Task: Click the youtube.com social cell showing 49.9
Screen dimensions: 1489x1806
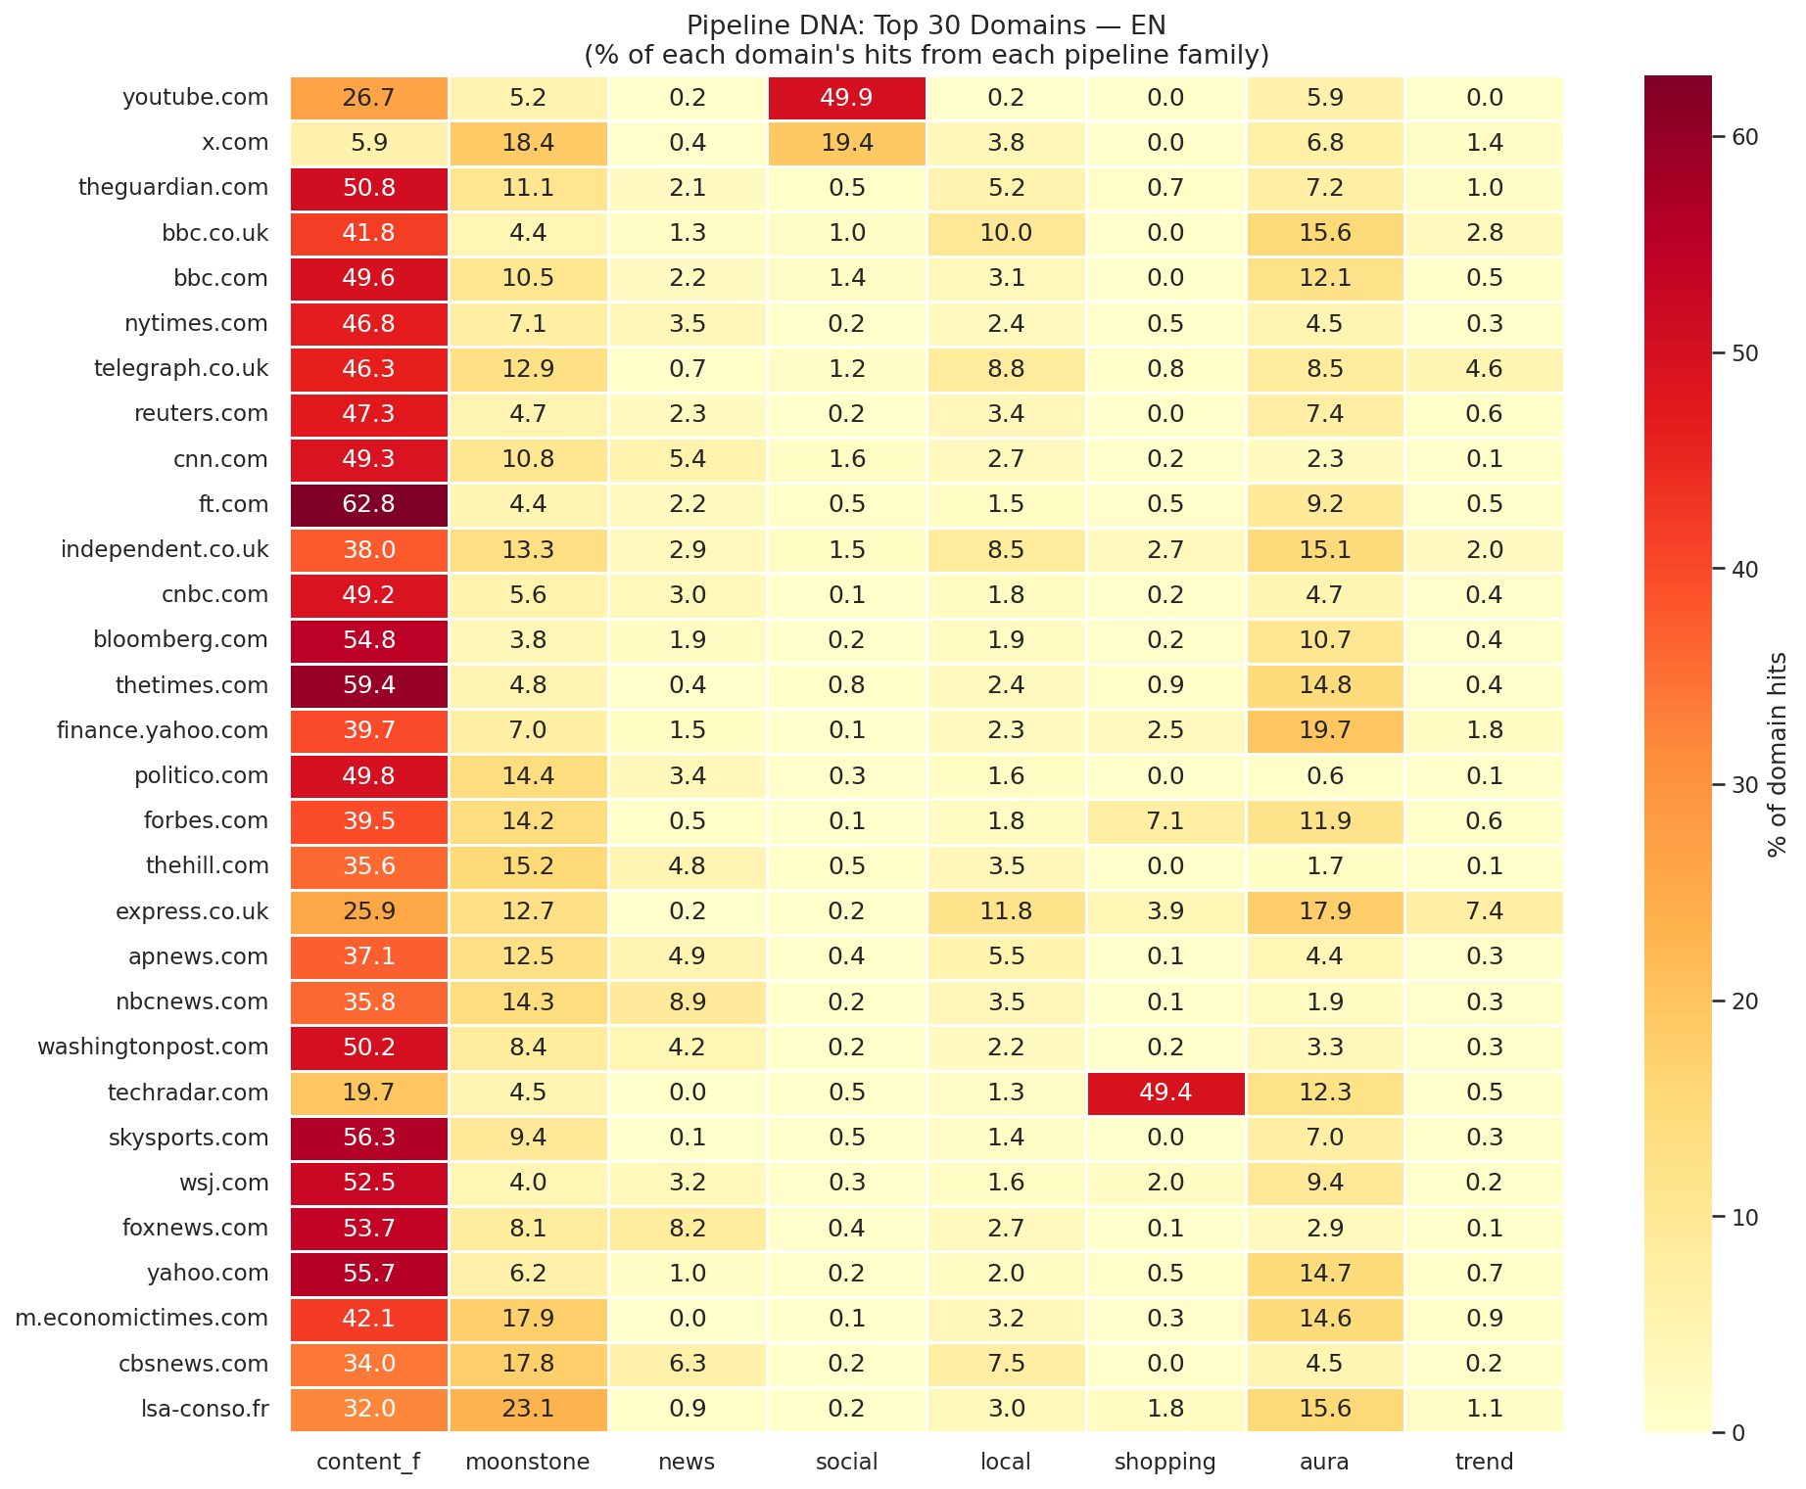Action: click(x=846, y=98)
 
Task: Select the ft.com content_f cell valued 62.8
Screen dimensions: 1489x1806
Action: click(x=368, y=505)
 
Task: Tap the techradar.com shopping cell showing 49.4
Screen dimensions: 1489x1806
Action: click(x=1165, y=1093)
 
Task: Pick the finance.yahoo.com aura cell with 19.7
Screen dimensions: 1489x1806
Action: click(x=1324, y=730)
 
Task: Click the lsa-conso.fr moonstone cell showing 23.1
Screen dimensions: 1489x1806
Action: click(x=528, y=1409)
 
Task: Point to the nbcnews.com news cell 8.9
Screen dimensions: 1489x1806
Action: click(x=687, y=1001)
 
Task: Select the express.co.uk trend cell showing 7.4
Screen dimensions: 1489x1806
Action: click(x=1484, y=911)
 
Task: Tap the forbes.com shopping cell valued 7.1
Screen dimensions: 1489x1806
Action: click(x=1165, y=821)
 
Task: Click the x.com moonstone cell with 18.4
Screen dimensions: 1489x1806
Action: click(x=528, y=143)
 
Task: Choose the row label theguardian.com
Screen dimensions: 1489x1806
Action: click(x=172, y=188)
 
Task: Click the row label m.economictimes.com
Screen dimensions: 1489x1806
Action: click(x=141, y=1319)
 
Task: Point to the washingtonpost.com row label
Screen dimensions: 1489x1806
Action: click(x=153, y=1047)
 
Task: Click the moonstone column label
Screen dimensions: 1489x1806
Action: click(x=528, y=1463)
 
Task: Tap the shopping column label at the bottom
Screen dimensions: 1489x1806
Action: click(x=1165, y=1463)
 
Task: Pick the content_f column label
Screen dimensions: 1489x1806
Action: click(x=368, y=1463)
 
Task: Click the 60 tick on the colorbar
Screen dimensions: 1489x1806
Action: click(x=1744, y=137)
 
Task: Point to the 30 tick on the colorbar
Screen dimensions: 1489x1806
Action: click(x=1744, y=785)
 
